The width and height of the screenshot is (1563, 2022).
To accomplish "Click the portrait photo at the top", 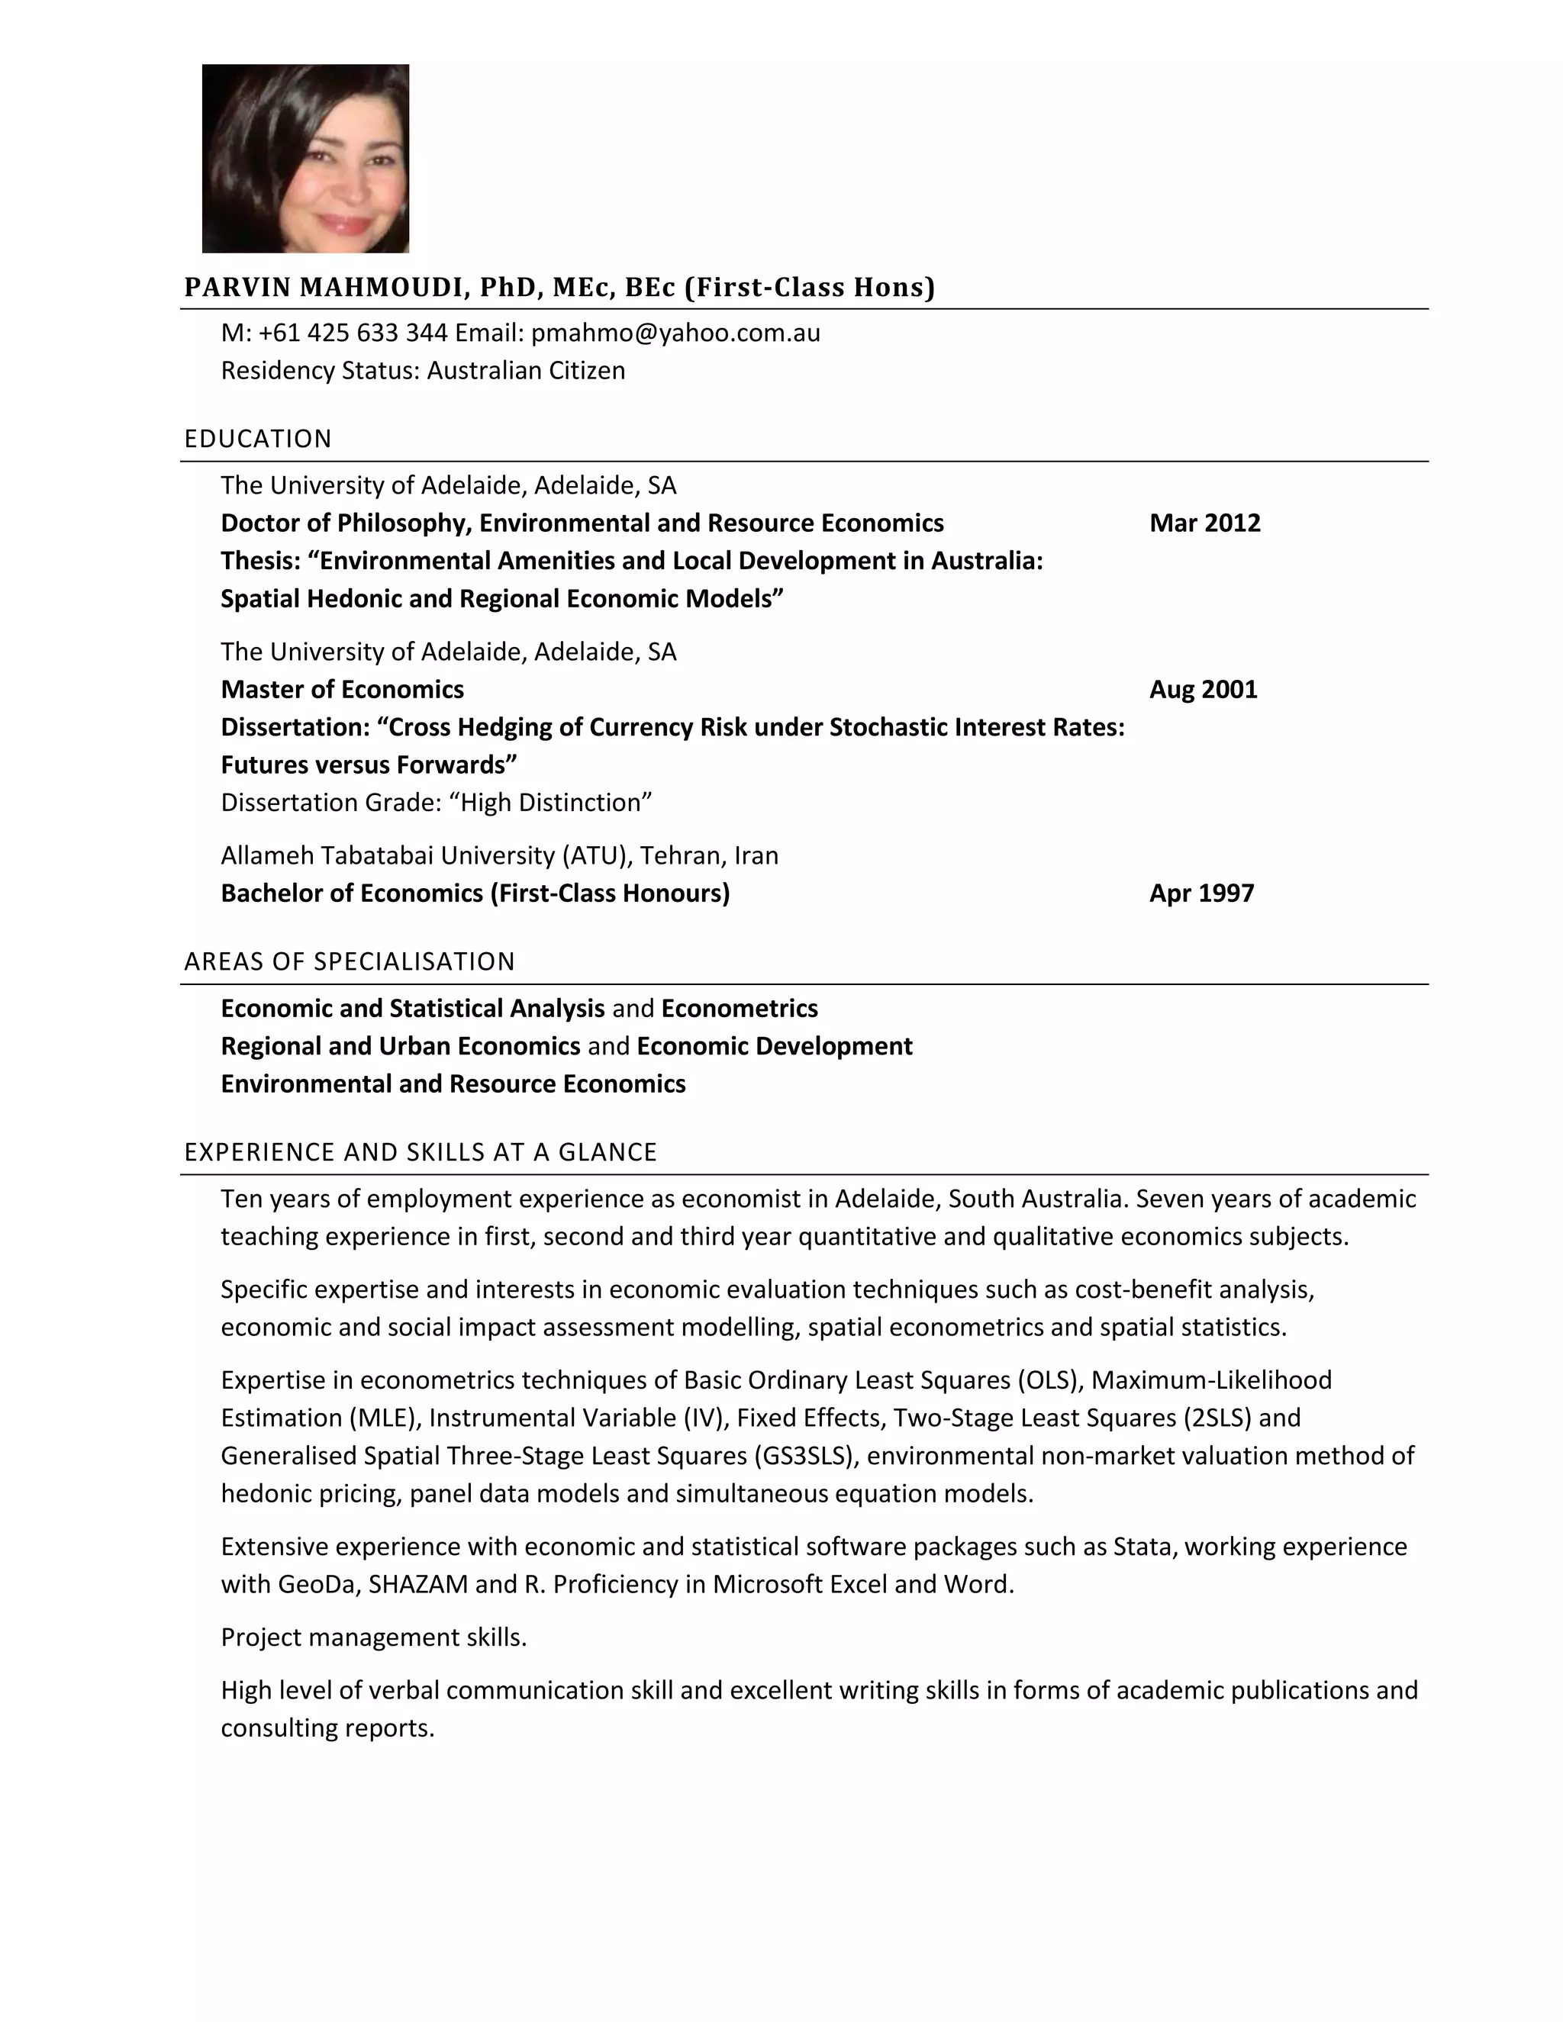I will (305, 158).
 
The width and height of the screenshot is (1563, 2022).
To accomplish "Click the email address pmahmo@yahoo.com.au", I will (675, 333).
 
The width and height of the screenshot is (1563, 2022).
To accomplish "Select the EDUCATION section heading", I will (257, 439).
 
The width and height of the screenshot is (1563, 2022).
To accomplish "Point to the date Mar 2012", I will (1204, 523).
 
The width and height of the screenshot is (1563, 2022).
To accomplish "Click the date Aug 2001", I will (1202, 690).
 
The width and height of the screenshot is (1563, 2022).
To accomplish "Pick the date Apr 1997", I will (1201, 893).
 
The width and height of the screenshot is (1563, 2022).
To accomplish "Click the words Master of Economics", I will (342, 690).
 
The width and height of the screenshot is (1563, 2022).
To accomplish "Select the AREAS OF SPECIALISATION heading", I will (349, 962).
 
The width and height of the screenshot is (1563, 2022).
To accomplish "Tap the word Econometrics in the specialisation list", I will (739, 1008).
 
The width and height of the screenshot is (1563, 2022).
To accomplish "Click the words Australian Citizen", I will (526, 370).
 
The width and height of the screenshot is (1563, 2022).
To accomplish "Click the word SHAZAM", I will (417, 1585).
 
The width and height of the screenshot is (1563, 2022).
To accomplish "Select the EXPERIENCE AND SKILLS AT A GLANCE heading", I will (421, 1153).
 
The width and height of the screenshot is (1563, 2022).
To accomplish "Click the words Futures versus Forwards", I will (368, 765).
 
